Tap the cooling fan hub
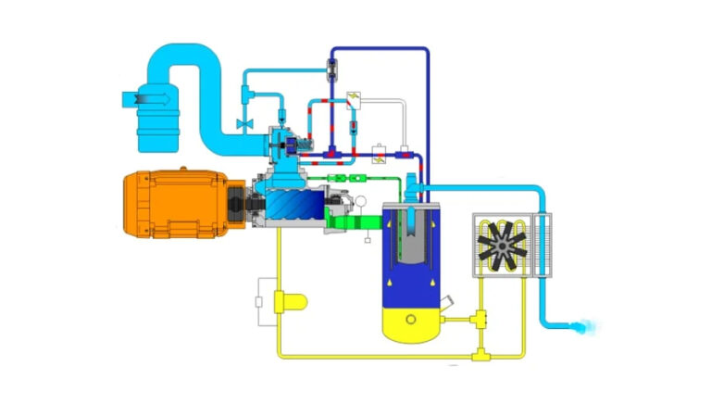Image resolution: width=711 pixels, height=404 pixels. coord(501,246)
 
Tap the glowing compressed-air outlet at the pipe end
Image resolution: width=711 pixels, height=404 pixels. coord(584,326)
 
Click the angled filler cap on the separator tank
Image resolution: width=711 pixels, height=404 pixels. coord(448,302)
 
